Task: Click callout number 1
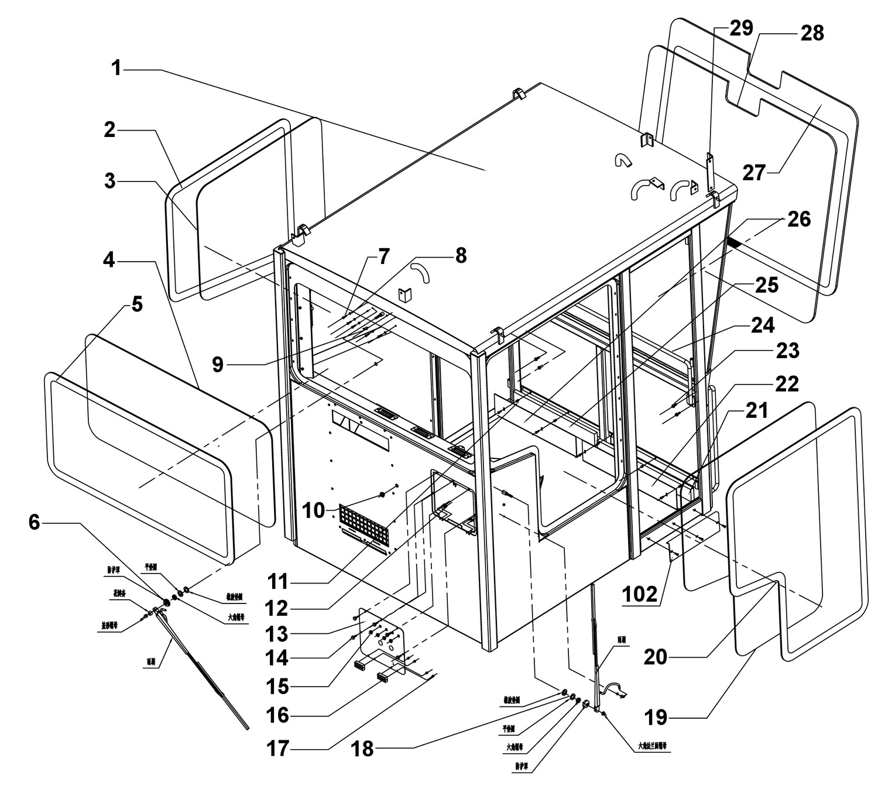117,68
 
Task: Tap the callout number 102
641,594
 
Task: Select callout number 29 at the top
740,28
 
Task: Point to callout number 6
35,522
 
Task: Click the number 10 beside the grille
314,510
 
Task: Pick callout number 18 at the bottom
362,748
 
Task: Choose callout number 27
754,173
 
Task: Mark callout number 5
136,305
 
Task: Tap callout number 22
787,384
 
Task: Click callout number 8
461,255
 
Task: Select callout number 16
278,715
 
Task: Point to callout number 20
656,657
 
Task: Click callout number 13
277,633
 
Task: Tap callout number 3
110,181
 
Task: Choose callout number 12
277,609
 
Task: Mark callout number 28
812,33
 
